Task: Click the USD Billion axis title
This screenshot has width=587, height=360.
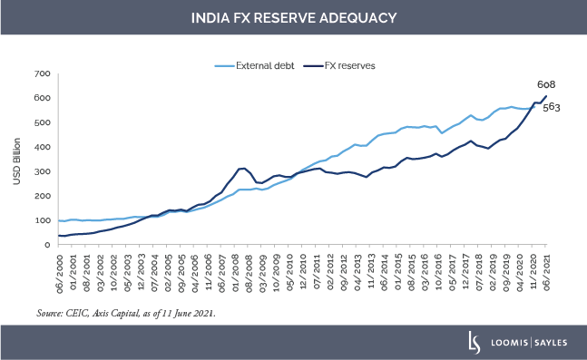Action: click(17, 160)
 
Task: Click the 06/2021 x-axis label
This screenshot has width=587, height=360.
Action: click(547, 269)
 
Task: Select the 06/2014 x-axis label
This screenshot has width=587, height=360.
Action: click(385, 269)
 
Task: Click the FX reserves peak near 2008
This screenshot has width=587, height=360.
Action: click(242, 168)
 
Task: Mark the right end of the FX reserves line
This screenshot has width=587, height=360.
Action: click(546, 96)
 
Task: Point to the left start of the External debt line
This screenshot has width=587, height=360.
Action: click(59, 220)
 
